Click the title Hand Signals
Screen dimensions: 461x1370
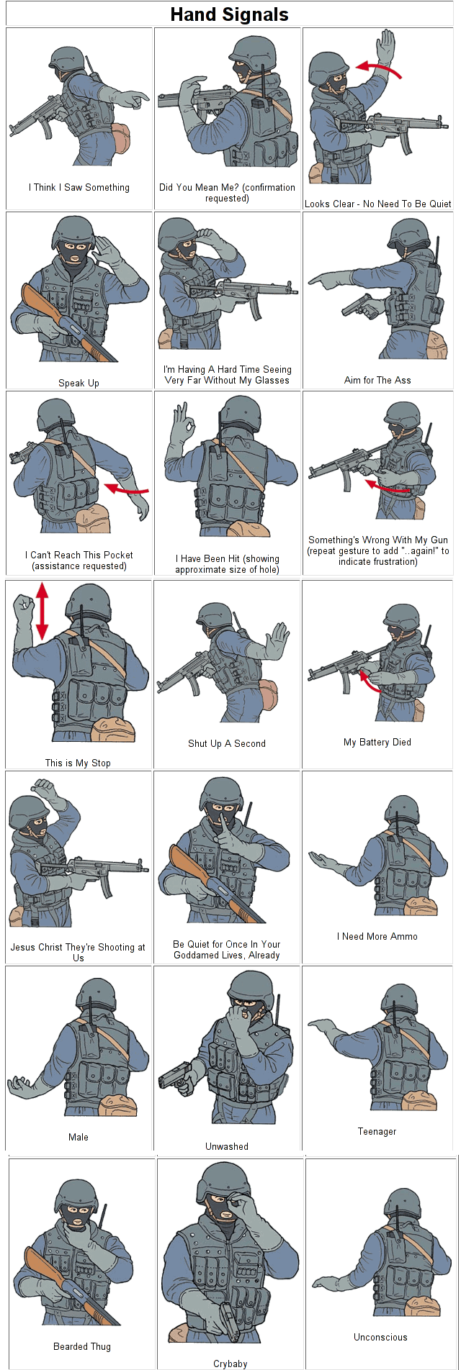[229, 14]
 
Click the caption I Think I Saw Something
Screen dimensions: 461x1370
[79, 188]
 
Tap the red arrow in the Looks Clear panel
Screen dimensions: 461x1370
[379, 68]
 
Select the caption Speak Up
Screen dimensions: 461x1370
[79, 384]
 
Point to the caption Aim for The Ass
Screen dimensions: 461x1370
[377, 381]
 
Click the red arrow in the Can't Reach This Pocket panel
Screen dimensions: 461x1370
[126, 490]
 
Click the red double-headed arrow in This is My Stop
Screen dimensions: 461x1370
[42, 610]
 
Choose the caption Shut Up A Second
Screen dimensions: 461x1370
[227, 744]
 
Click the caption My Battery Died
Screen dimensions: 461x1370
[377, 743]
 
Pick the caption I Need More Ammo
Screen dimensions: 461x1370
[377, 937]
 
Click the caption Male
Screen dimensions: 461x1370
[79, 1138]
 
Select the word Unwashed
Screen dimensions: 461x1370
[227, 1147]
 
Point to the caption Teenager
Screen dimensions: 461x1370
[377, 1132]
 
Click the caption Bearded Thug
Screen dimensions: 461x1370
[82, 1347]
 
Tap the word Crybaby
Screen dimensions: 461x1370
[230, 1364]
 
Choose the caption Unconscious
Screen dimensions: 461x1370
[380, 1338]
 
